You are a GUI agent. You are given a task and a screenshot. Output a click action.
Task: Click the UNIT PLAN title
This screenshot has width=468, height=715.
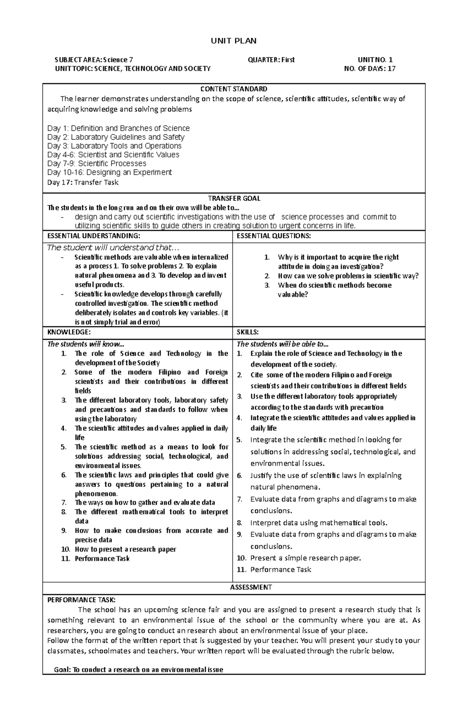[x=234, y=41]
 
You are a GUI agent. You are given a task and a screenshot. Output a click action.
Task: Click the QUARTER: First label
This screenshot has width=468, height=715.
[x=271, y=60]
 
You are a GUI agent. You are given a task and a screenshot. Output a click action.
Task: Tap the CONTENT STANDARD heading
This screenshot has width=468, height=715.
[x=234, y=89]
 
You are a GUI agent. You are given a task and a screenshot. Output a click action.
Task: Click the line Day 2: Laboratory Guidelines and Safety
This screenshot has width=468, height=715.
[x=116, y=137]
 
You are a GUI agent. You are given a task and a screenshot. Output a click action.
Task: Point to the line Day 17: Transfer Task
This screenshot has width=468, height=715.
[x=83, y=182]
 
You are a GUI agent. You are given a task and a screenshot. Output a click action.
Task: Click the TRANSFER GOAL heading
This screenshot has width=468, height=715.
[x=234, y=198]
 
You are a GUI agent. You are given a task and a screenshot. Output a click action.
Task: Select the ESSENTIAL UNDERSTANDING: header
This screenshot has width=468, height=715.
[x=93, y=236]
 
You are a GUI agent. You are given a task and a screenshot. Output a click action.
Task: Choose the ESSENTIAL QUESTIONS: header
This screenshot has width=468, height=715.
[x=274, y=236]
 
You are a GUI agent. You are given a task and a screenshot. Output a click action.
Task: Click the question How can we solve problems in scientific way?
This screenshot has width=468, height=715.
[x=348, y=276]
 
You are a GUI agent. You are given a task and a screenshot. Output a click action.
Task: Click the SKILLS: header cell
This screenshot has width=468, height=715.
[x=248, y=332]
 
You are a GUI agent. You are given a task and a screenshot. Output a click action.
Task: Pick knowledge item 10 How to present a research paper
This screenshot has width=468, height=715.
[x=125, y=549]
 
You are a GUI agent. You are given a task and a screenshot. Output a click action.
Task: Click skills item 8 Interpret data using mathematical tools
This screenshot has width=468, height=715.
[x=319, y=523]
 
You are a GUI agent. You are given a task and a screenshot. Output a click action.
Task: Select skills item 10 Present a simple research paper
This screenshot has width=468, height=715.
[x=305, y=558]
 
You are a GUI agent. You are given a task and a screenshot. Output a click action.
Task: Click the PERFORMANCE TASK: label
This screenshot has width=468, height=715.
[x=82, y=600]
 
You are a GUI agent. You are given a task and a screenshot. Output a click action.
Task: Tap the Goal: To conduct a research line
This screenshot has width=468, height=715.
[x=138, y=669]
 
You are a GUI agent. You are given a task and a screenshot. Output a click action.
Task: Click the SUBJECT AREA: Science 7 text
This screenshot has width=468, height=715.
[x=94, y=60]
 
